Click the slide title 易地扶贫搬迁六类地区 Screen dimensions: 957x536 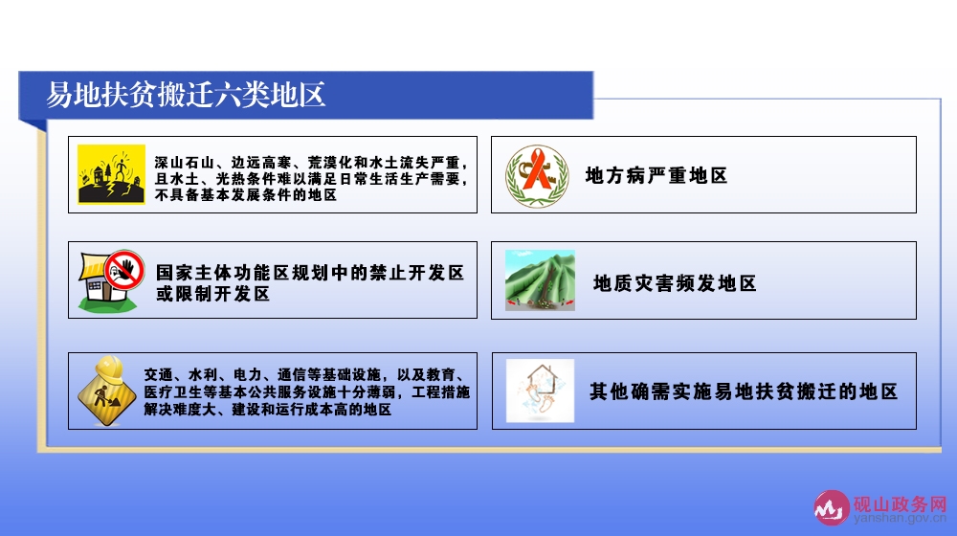point(186,95)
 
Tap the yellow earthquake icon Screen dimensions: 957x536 point(112,174)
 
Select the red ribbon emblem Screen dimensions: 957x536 point(537,176)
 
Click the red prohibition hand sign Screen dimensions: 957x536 point(123,270)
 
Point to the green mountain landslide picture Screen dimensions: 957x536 point(540,280)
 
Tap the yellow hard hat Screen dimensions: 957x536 point(110,368)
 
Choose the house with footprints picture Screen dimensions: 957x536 point(540,391)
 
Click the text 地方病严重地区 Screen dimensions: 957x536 point(657,176)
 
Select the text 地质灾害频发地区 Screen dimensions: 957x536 point(675,283)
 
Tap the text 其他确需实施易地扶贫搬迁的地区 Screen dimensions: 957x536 point(744,391)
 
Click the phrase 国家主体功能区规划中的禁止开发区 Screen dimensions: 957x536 point(310,272)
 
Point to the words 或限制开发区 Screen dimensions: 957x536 point(213,294)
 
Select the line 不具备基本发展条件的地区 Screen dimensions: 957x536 point(245,195)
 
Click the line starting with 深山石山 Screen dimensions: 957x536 point(311,163)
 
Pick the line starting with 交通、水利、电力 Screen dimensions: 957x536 point(304,375)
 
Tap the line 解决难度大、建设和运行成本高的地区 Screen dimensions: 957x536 point(267,410)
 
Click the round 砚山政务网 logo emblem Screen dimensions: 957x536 point(832,507)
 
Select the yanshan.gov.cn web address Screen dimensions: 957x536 point(901,519)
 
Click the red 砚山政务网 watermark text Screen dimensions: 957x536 point(901,503)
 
